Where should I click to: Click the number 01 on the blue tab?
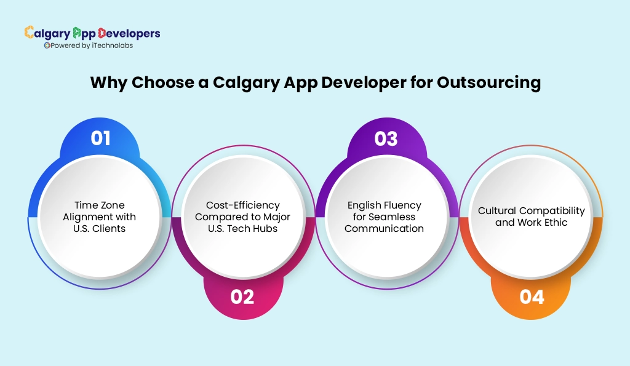click(100, 138)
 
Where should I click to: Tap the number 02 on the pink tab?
click(242, 297)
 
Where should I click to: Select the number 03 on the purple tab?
click(386, 138)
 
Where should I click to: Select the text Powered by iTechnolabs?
click(92, 46)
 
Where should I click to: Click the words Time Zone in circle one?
click(96, 205)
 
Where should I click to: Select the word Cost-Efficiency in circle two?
click(243, 205)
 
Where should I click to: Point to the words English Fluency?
click(384, 205)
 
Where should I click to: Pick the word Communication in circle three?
click(384, 228)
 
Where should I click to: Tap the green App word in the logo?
click(85, 33)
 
